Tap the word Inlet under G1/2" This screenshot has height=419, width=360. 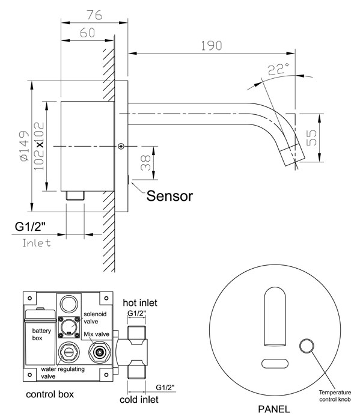35,244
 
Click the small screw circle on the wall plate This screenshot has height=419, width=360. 121,145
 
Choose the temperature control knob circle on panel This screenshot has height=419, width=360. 307,345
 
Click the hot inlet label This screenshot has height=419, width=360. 140,302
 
